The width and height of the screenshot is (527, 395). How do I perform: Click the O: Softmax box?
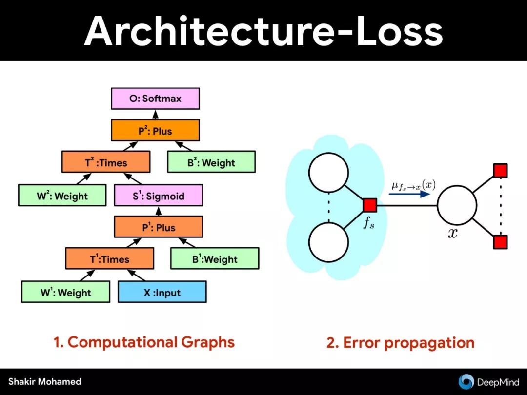tap(155, 99)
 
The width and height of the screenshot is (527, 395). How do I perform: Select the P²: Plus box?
tap(155, 131)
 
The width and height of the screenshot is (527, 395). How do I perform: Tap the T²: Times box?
tap(105, 162)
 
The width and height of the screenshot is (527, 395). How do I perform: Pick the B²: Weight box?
tap(211, 162)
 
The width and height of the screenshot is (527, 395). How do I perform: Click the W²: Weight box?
tap(62, 196)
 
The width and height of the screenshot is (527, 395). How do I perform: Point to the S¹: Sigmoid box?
tap(158, 196)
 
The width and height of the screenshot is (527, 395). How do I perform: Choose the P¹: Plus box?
tap(158, 227)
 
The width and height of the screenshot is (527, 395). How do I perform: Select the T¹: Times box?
tap(109, 259)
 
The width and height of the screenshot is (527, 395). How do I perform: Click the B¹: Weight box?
tap(214, 259)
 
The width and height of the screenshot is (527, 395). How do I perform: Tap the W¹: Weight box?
tap(65, 292)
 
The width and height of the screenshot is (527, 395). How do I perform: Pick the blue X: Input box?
tap(162, 292)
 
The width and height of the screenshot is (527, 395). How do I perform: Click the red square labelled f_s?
tap(369, 206)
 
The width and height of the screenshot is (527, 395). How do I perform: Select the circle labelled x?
tap(457, 205)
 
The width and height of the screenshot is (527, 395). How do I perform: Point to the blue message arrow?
tap(410, 193)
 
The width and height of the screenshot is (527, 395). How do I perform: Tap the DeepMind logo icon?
tap(466, 382)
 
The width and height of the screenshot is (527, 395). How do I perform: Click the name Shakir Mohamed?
tap(44, 382)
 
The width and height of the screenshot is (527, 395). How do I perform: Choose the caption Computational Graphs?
tap(144, 342)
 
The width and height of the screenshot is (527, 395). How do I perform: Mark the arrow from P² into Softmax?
tap(155, 114)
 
